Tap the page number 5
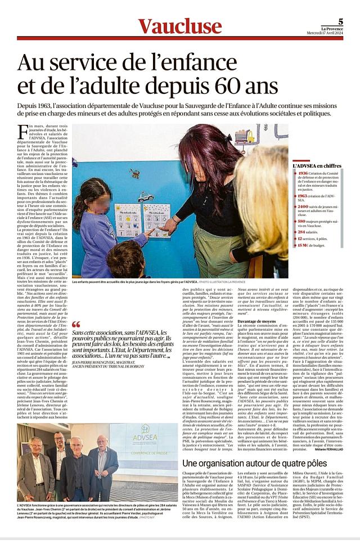[x=341, y=21]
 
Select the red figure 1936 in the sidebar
[x=303, y=174]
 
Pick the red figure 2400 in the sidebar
[x=303, y=206]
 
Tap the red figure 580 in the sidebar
[x=302, y=221]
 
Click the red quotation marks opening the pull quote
[x=76, y=325]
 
